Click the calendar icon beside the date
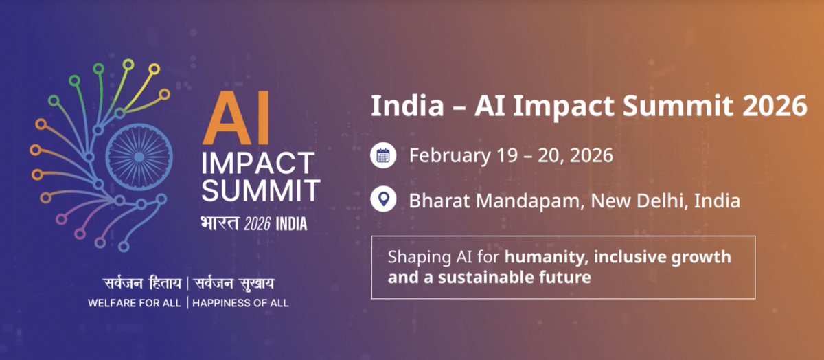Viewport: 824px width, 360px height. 383,155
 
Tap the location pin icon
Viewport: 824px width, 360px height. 383,201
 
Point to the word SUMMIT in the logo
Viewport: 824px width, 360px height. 260,190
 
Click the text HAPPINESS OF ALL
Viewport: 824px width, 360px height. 241,302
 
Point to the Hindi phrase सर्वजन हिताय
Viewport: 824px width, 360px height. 141,283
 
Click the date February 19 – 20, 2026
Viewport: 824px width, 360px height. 511,155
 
